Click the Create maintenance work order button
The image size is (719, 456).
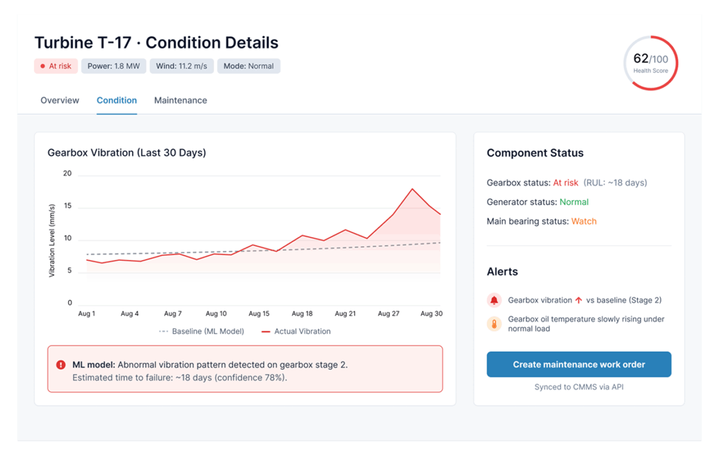pyautogui.click(x=579, y=364)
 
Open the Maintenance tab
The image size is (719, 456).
pyautogui.click(x=181, y=100)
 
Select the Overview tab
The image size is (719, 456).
pyautogui.click(x=60, y=100)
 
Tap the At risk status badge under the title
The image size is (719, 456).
pyautogui.click(x=56, y=66)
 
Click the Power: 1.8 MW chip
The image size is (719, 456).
pyautogui.click(x=113, y=66)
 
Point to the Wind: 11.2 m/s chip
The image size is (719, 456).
pyautogui.click(x=182, y=66)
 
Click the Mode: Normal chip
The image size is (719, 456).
pyautogui.click(x=248, y=66)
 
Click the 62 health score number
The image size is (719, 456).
pyautogui.click(x=641, y=59)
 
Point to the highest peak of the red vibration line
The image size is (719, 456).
pyautogui.click(x=412, y=189)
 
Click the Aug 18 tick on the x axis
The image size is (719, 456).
pyautogui.click(x=302, y=313)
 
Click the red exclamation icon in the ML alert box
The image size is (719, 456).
pyautogui.click(x=61, y=365)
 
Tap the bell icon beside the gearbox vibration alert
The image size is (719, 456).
pyautogui.click(x=494, y=300)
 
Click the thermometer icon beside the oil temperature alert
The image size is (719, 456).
pyautogui.click(x=494, y=324)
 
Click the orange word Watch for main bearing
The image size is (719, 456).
pyautogui.click(x=584, y=221)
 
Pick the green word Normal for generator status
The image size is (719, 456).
pyautogui.click(x=574, y=202)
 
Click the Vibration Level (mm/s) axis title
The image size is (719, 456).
pyautogui.click(x=52, y=240)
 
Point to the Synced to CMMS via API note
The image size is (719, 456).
pyautogui.click(x=579, y=387)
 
